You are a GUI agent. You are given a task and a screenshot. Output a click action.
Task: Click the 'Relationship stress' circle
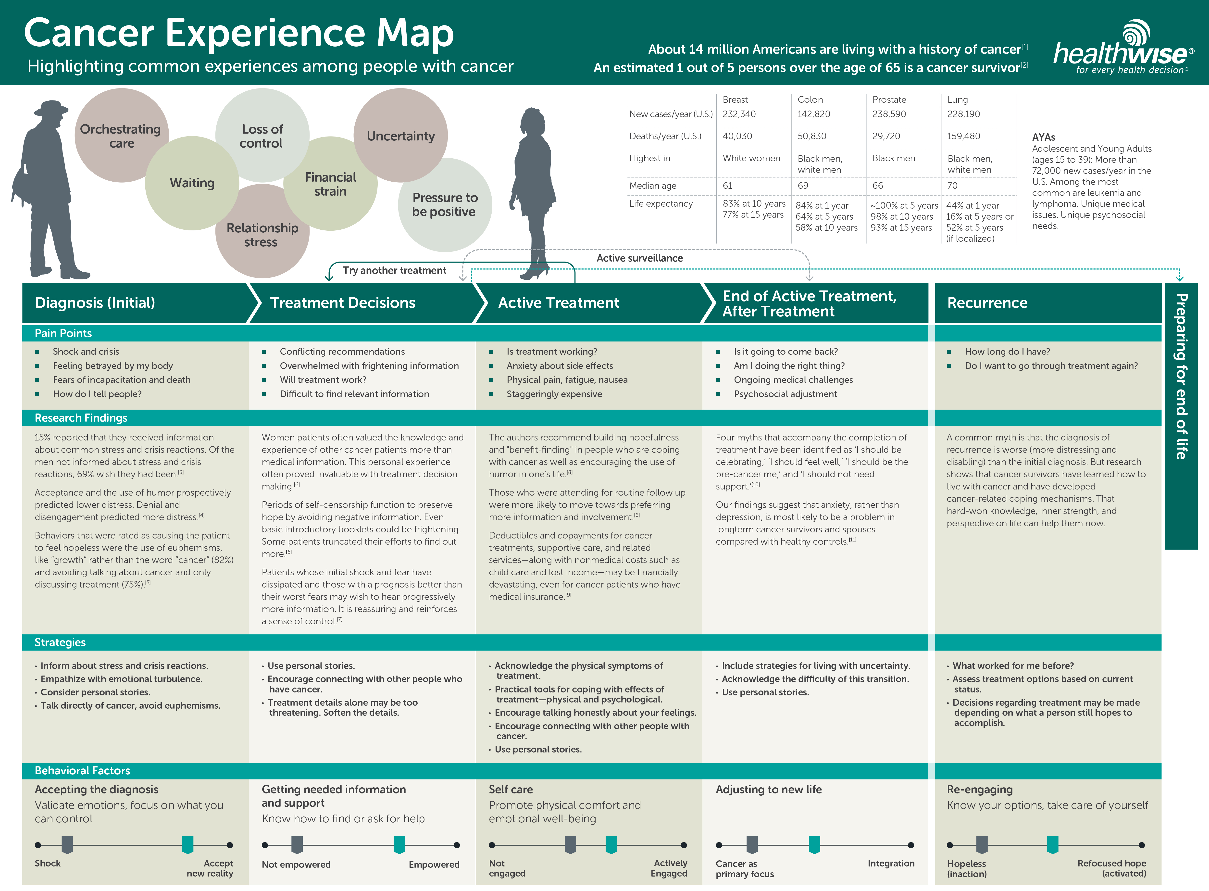click(262, 235)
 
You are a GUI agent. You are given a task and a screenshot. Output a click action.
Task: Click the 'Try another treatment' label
click(394, 270)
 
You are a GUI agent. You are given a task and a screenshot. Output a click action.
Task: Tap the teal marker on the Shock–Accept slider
click(188, 845)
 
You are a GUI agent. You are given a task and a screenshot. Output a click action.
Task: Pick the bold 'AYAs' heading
click(1044, 137)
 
